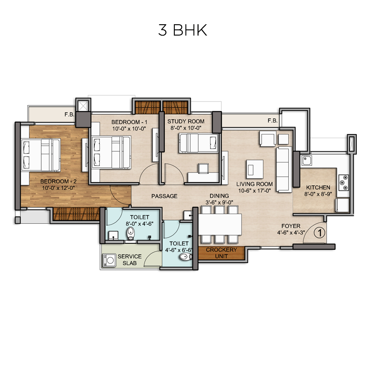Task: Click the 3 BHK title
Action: coord(183,30)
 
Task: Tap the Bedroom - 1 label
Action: coord(129,122)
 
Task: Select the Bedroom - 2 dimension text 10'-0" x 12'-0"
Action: coord(59,188)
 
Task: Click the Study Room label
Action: coord(186,121)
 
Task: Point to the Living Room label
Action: coord(254,184)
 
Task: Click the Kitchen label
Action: coord(318,188)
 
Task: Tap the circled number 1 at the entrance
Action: coord(319,233)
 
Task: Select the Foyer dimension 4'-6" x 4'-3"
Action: coord(291,233)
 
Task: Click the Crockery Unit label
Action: coord(221,253)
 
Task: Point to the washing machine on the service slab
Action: coord(109,260)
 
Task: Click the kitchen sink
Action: coord(306,161)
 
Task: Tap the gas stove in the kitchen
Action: coord(344,182)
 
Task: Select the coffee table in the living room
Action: coord(254,169)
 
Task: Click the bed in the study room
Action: coord(199,143)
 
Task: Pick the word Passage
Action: coord(164,196)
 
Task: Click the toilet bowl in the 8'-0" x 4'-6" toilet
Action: coord(131,233)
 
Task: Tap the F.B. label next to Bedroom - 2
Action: coord(70,114)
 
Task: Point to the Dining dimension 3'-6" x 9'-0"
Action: coord(219,202)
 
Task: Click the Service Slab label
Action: coord(129,260)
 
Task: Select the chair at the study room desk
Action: coord(203,168)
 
